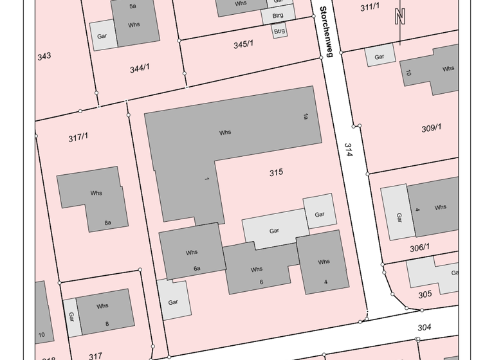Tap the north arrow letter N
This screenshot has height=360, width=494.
(x=400, y=17)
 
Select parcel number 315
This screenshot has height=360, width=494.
(x=276, y=172)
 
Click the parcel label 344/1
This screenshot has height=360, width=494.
(x=140, y=67)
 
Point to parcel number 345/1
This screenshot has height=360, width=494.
(x=243, y=44)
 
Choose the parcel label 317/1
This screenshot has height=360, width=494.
(x=78, y=137)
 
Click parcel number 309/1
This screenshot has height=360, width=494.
(x=431, y=128)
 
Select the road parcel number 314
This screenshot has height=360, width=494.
(x=349, y=152)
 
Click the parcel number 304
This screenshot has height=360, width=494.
(x=424, y=327)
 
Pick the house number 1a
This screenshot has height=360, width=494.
(x=306, y=116)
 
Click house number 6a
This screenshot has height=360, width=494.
(x=197, y=268)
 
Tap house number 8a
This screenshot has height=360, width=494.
(x=108, y=223)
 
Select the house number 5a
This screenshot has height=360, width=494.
(x=133, y=6)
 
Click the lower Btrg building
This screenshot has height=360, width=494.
(x=279, y=30)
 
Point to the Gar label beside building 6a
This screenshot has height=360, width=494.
(x=173, y=301)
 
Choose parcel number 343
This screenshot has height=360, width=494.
(x=44, y=56)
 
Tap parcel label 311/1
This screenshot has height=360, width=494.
(x=370, y=7)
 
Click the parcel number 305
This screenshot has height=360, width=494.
(x=425, y=294)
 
